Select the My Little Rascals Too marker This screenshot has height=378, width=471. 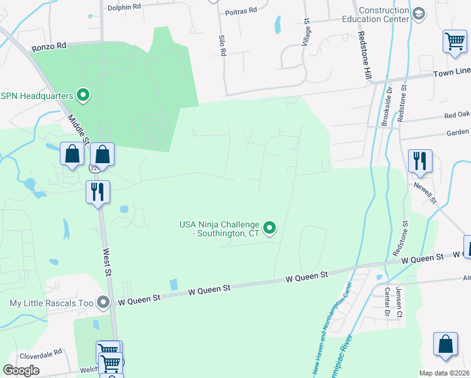103,303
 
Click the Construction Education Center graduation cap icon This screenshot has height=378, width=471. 419,14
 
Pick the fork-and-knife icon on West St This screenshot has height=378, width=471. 98,191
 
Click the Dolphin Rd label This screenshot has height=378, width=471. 124,7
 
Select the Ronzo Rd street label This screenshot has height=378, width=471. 49,47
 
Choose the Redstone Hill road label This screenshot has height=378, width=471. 365,55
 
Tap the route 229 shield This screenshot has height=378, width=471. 95,169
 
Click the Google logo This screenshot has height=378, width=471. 21,370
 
